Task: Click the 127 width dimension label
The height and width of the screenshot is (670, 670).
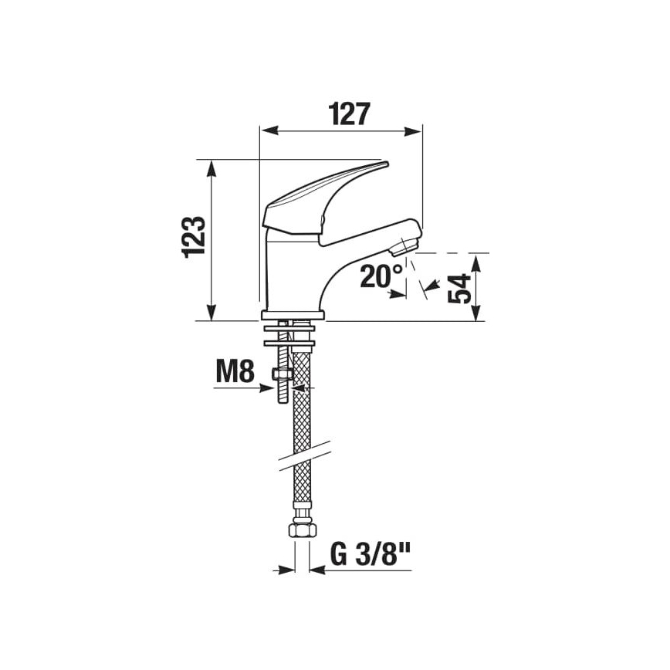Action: pyautogui.click(x=340, y=113)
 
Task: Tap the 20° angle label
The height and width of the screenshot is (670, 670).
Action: pyautogui.click(x=381, y=276)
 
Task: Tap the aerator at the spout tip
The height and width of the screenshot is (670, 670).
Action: pyautogui.click(x=404, y=246)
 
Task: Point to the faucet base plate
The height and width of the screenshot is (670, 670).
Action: pyautogui.click(x=293, y=315)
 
